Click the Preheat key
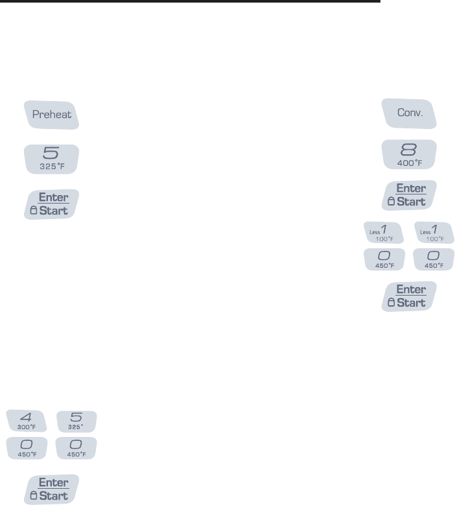[51, 115]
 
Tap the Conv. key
[408, 113]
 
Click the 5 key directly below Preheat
[51, 158]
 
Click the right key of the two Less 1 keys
[433, 233]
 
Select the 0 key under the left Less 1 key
[384, 259]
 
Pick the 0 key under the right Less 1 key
[433, 259]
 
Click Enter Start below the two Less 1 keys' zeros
[408, 296]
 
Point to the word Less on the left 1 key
[373, 231]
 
